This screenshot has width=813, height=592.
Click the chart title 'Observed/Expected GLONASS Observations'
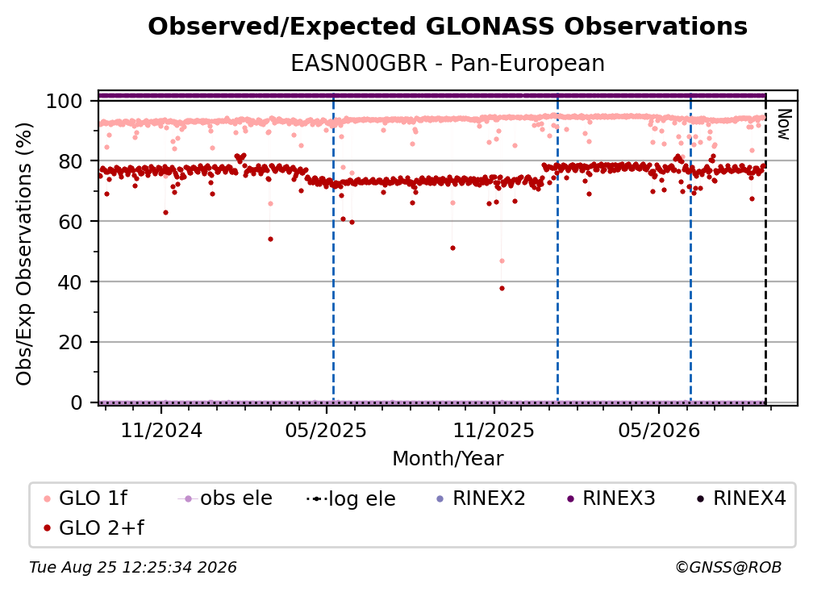448,27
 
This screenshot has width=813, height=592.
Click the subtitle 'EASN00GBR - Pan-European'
448,63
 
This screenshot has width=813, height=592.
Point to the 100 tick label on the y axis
64,101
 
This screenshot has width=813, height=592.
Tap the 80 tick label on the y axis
70,161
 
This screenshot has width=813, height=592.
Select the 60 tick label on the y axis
70,221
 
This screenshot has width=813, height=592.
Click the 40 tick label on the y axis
70,282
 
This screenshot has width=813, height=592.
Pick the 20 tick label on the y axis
70,342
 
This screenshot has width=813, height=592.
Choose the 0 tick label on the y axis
76,402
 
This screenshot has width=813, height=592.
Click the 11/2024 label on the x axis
161,430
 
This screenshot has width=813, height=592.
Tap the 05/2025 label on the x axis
326,430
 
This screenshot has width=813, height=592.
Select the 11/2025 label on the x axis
494,430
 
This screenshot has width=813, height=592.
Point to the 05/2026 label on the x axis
659,430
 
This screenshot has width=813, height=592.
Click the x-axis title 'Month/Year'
448,459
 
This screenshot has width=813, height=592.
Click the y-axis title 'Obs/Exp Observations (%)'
24,253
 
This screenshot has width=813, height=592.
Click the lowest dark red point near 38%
502,288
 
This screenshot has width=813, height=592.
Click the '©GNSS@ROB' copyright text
728,567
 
